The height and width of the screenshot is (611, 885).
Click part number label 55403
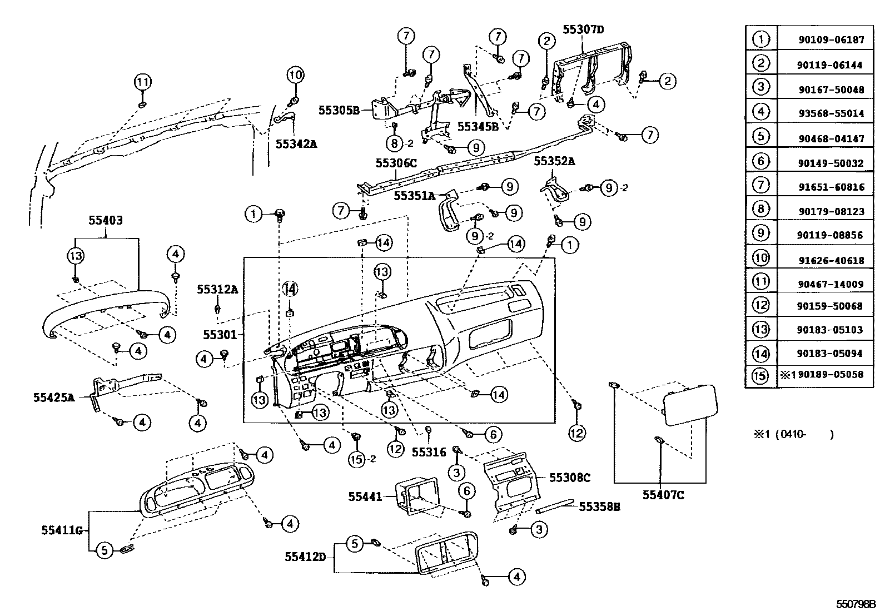[x=106, y=220]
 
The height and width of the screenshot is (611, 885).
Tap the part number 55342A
[x=296, y=143]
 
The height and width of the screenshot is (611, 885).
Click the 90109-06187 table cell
[x=830, y=40]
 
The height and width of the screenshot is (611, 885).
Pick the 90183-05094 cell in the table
[x=830, y=354]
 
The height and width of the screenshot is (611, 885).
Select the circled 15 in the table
[x=760, y=376]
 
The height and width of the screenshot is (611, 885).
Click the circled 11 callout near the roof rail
[x=142, y=82]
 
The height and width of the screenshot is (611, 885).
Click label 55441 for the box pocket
[x=365, y=496]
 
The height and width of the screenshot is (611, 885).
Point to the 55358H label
[x=600, y=506]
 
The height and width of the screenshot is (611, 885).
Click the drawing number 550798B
[x=857, y=604]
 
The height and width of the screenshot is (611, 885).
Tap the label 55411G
[x=62, y=530]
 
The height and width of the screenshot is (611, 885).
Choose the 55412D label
[x=306, y=557]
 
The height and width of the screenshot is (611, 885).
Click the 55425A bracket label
[x=54, y=398]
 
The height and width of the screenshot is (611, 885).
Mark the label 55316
[x=429, y=452]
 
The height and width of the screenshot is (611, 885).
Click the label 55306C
[x=395, y=162]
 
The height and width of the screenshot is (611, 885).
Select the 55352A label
[x=554, y=161]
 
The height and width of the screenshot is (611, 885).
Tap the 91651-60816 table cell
[x=830, y=187]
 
